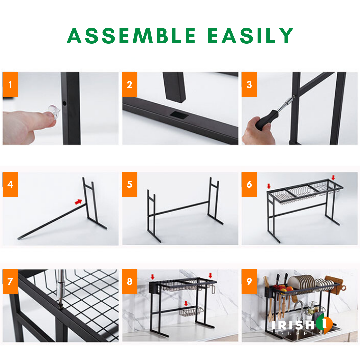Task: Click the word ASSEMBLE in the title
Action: pos(131,36)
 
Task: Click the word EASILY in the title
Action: pos(250,36)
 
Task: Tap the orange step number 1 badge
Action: pos(10,84)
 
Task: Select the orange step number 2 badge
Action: pos(129,84)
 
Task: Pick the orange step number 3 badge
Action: pos(249,84)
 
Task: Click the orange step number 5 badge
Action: pos(129,184)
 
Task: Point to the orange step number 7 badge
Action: pos(10,281)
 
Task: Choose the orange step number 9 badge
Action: pos(249,281)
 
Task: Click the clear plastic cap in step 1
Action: pos(54,112)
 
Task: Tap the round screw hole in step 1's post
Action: pos(65,103)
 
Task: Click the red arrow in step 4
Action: pos(79,202)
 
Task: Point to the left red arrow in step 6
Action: pos(269,186)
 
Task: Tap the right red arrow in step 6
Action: pos(333,177)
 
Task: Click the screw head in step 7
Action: pos(61,305)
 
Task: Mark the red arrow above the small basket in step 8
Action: pos(186,303)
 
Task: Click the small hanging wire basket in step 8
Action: pos(191,312)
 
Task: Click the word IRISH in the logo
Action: pos(293,325)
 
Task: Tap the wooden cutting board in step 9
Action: pos(335,285)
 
